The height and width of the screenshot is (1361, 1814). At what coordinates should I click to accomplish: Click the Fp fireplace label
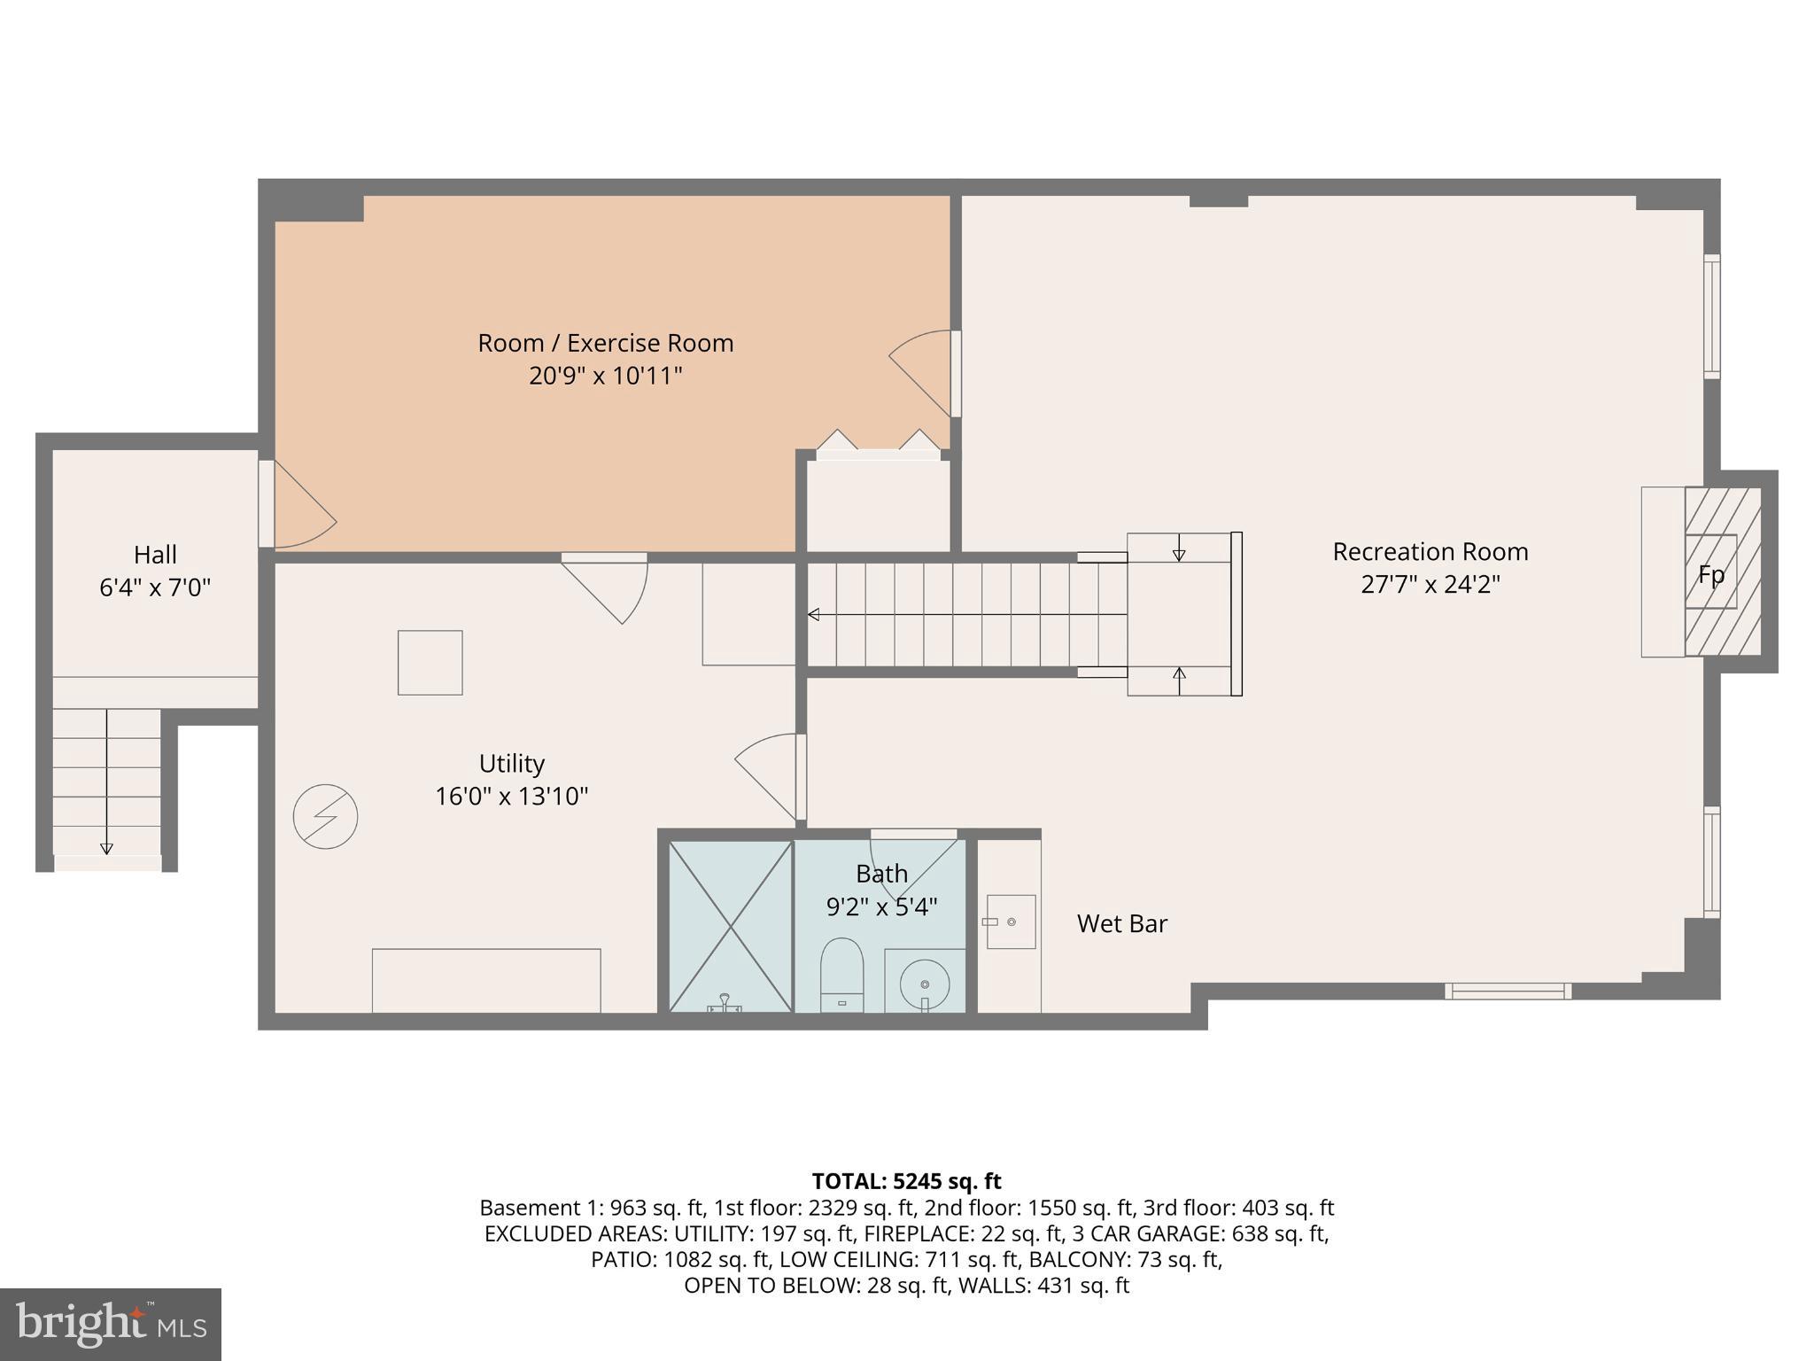click(1710, 575)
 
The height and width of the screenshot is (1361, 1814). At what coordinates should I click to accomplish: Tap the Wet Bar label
click(1121, 923)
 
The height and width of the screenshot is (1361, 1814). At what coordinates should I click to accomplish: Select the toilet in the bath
click(841, 974)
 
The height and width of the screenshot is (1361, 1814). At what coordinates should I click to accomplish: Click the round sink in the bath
click(925, 983)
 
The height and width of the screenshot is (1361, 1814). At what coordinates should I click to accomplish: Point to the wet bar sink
click(1011, 922)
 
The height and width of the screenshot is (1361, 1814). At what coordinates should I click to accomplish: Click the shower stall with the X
click(730, 926)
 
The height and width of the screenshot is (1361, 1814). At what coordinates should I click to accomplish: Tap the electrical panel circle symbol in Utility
click(325, 816)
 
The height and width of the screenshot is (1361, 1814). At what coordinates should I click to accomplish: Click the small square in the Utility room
click(430, 662)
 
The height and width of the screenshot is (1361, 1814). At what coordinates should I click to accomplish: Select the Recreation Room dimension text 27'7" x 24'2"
click(1430, 585)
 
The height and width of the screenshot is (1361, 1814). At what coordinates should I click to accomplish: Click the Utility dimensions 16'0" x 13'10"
click(511, 796)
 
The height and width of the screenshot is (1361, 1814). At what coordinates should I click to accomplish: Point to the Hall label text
click(155, 555)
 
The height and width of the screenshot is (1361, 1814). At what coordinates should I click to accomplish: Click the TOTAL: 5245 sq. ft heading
click(906, 1181)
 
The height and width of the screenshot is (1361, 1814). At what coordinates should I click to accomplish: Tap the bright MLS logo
click(110, 1324)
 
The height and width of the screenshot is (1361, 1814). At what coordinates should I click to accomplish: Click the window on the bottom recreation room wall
click(1508, 991)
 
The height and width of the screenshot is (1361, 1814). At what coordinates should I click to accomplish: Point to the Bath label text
click(881, 874)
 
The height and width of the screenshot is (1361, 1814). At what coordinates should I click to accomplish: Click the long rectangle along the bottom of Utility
click(486, 980)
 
